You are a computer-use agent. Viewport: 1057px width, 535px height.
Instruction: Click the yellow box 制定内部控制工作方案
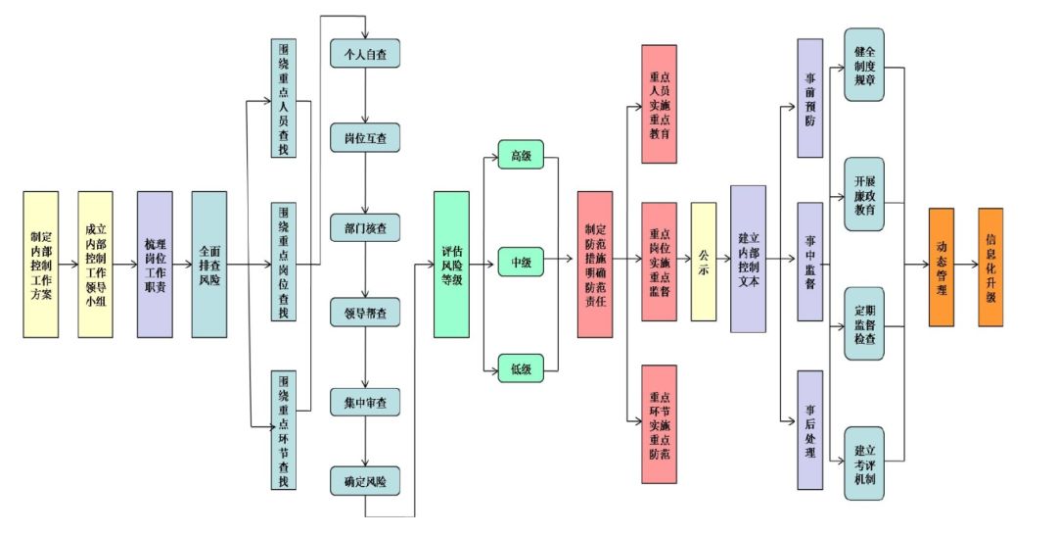pos(41,265)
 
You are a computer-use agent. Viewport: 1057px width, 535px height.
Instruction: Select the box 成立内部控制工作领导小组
pos(96,265)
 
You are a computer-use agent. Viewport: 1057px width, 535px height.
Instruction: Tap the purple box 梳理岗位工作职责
pos(155,265)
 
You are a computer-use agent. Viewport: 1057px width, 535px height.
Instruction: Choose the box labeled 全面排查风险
pos(209,265)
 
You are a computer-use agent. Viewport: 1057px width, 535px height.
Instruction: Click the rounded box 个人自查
pos(365,54)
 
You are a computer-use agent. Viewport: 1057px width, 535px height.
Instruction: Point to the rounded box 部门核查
pos(365,228)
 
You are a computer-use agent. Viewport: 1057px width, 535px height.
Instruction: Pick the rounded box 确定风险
pos(365,482)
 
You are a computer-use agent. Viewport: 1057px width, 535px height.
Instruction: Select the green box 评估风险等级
pos(451,265)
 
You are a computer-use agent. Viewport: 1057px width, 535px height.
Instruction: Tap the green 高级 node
pos(521,155)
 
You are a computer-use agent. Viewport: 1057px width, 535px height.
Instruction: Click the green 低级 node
pos(521,368)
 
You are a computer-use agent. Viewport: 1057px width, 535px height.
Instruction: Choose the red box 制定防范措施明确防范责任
pos(595,265)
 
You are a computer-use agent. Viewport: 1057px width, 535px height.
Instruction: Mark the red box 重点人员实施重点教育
pos(660,105)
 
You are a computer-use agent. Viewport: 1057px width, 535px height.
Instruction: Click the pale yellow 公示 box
pos(704,262)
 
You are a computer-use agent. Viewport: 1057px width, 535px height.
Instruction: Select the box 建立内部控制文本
pos(749,259)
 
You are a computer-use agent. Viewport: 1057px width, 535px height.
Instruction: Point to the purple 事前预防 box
pos(810,99)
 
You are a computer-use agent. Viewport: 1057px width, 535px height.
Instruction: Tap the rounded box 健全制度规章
pos(864,65)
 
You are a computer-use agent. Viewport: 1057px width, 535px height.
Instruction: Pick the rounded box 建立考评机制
pos(864,463)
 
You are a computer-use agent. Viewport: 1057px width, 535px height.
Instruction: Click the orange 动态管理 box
pos(942,267)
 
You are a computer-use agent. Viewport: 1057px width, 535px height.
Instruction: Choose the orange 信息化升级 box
pos(990,267)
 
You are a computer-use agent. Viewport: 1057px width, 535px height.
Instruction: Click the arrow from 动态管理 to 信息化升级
pos(967,265)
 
